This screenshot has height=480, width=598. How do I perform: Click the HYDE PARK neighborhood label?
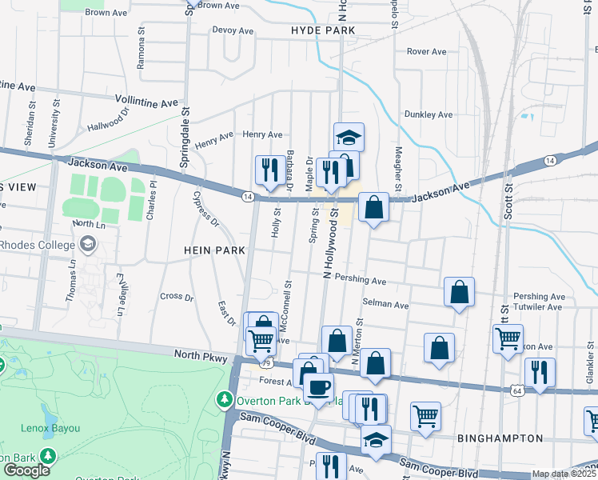[322, 30]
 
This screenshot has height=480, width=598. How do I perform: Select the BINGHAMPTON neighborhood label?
[500, 438]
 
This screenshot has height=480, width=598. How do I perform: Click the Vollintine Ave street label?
[146, 103]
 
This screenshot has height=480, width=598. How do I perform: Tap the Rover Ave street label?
[426, 51]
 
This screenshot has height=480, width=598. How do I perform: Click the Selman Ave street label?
[385, 305]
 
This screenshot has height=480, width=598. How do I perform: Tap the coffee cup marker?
[318, 388]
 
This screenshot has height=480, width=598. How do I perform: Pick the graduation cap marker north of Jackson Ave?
[349, 137]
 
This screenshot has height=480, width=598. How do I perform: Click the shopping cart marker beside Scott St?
[508, 338]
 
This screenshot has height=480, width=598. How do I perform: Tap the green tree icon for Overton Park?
[226, 398]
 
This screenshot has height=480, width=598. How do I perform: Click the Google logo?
[26, 470]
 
